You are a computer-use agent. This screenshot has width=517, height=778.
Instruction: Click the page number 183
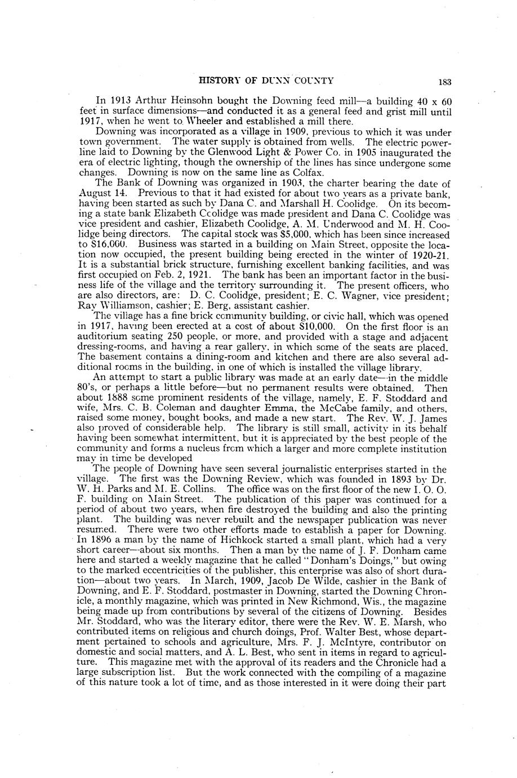(445, 82)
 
